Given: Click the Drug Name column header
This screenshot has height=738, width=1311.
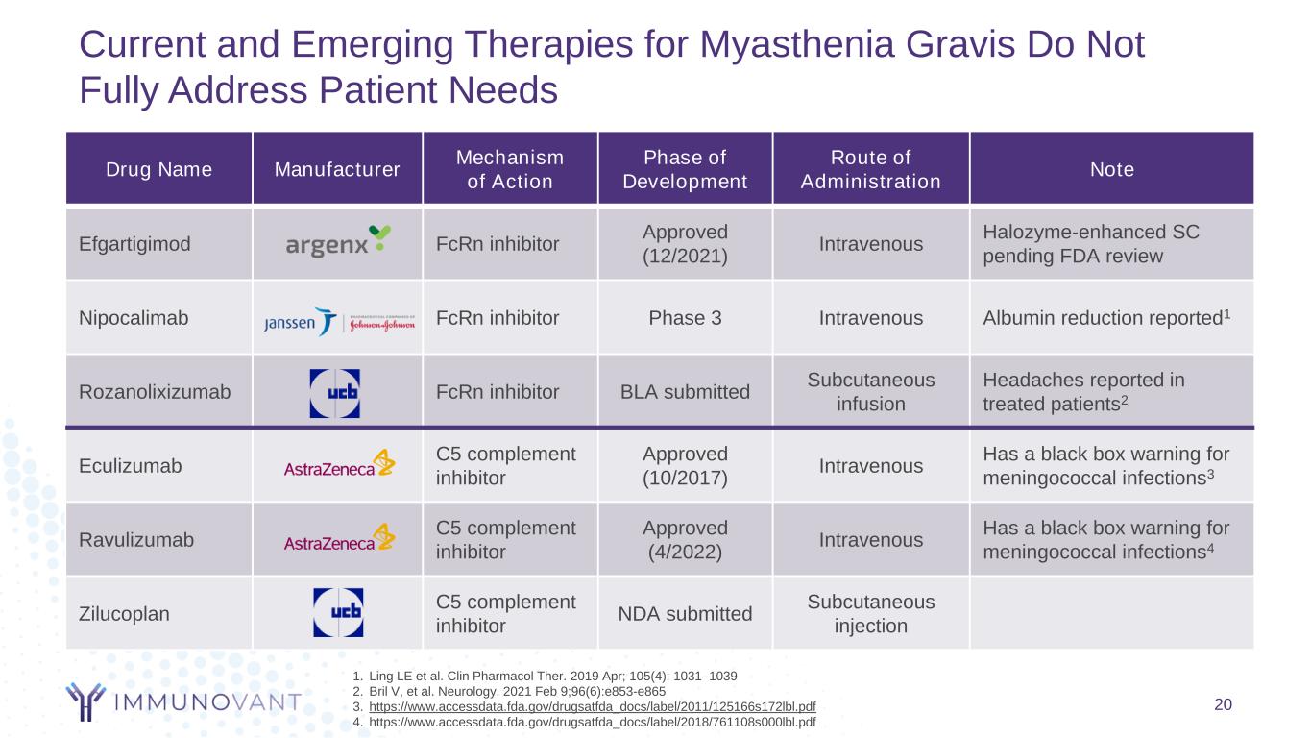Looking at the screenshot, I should click(x=145, y=170).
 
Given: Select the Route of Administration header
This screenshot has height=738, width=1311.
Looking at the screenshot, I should click(x=870, y=170).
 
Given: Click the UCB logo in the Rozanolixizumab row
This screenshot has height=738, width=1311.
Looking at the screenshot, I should click(x=334, y=392).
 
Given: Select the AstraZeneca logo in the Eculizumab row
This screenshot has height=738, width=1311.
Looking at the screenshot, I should click(x=339, y=465).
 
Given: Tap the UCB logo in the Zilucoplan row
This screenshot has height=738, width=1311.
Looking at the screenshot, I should click(x=338, y=612).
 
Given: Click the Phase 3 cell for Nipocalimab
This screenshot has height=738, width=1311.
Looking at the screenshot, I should click(x=684, y=318).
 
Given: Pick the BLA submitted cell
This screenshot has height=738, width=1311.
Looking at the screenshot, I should click(x=684, y=391).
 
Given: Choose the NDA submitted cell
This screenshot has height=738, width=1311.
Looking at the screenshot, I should click(x=684, y=613).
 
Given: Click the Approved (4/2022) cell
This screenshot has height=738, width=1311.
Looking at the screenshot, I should click(x=684, y=539).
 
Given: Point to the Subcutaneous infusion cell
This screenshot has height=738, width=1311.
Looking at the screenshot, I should click(x=870, y=391).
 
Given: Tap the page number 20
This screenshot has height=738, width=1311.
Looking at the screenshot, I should click(x=1223, y=704).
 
